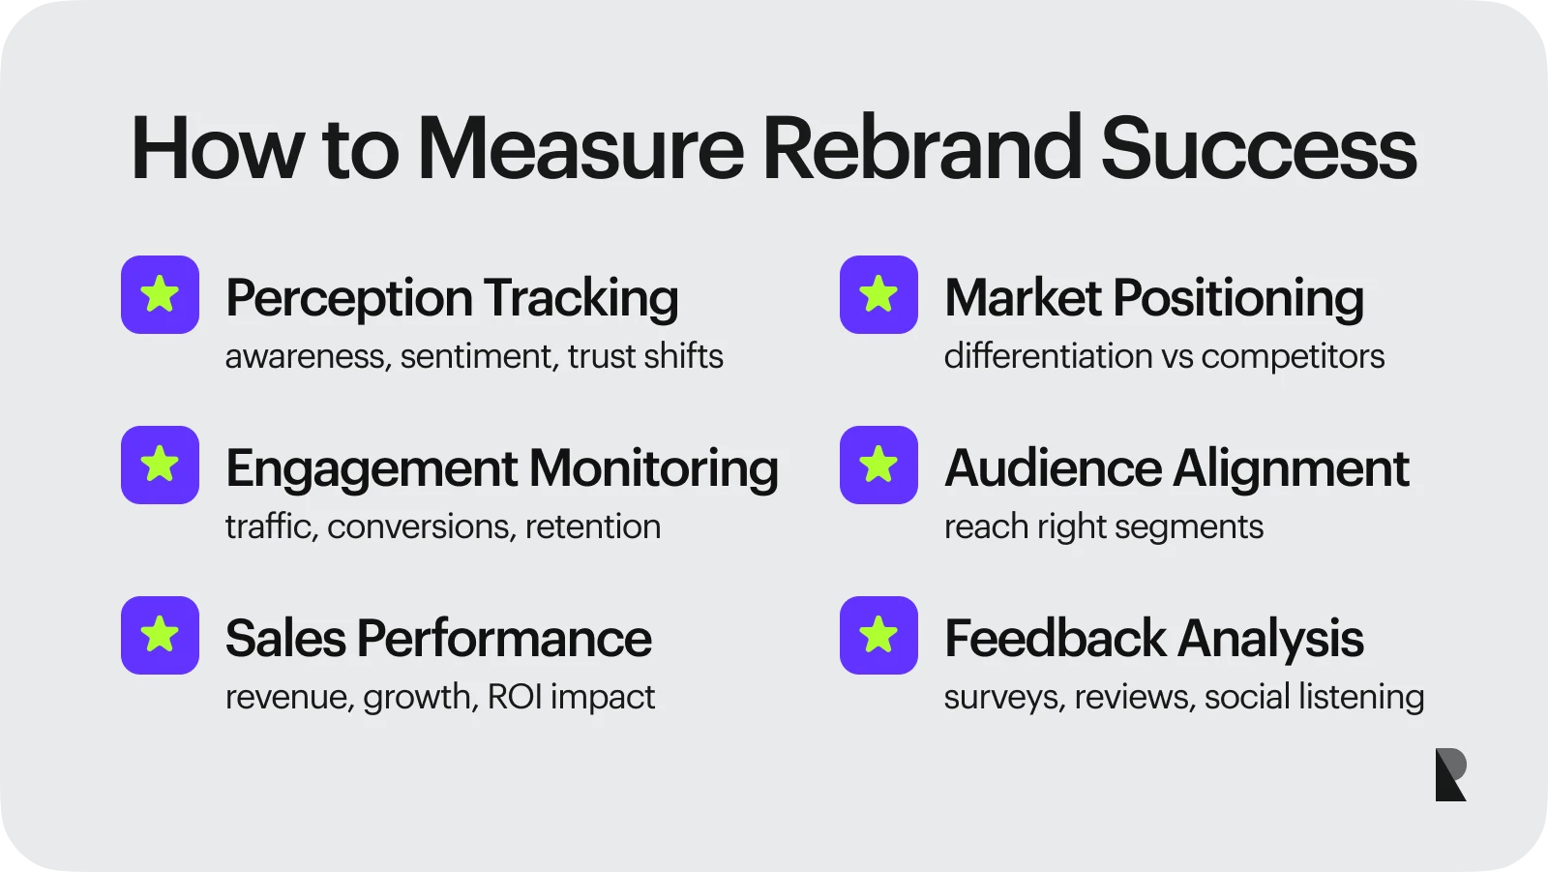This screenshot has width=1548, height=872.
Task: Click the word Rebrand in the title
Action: pyautogui.click(x=920, y=149)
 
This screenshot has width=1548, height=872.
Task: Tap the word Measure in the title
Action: pyautogui.click(x=580, y=149)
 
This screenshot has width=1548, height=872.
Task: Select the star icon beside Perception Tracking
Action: pyautogui.click(x=160, y=294)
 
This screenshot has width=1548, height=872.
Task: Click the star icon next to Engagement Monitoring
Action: pyautogui.click(x=160, y=465)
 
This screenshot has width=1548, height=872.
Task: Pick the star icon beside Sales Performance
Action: pyautogui.click(x=160, y=635)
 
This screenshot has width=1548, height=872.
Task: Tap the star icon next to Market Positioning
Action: pyautogui.click(x=878, y=294)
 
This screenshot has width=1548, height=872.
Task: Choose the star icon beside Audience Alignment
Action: pyautogui.click(x=878, y=465)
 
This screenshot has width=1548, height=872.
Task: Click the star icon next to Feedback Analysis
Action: pyautogui.click(x=878, y=635)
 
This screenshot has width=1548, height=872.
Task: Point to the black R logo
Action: pyautogui.click(x=1450, y=774)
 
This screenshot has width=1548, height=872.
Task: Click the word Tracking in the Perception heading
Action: pyautogui.click(x=580, y=298)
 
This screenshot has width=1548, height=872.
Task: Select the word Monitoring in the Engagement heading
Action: pyautogui.click(x=653, y=469)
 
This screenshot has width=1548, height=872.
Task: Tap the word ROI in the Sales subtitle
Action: pyautogui.click(x=515, y=697)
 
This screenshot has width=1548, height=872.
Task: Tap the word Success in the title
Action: pyautogui.click(x=1258, y=149)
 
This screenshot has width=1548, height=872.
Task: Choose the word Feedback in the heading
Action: pyautogui.click(x=1056, y=639)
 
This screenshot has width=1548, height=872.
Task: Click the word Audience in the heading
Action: pyautogui.click(x=1053, y=468)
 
